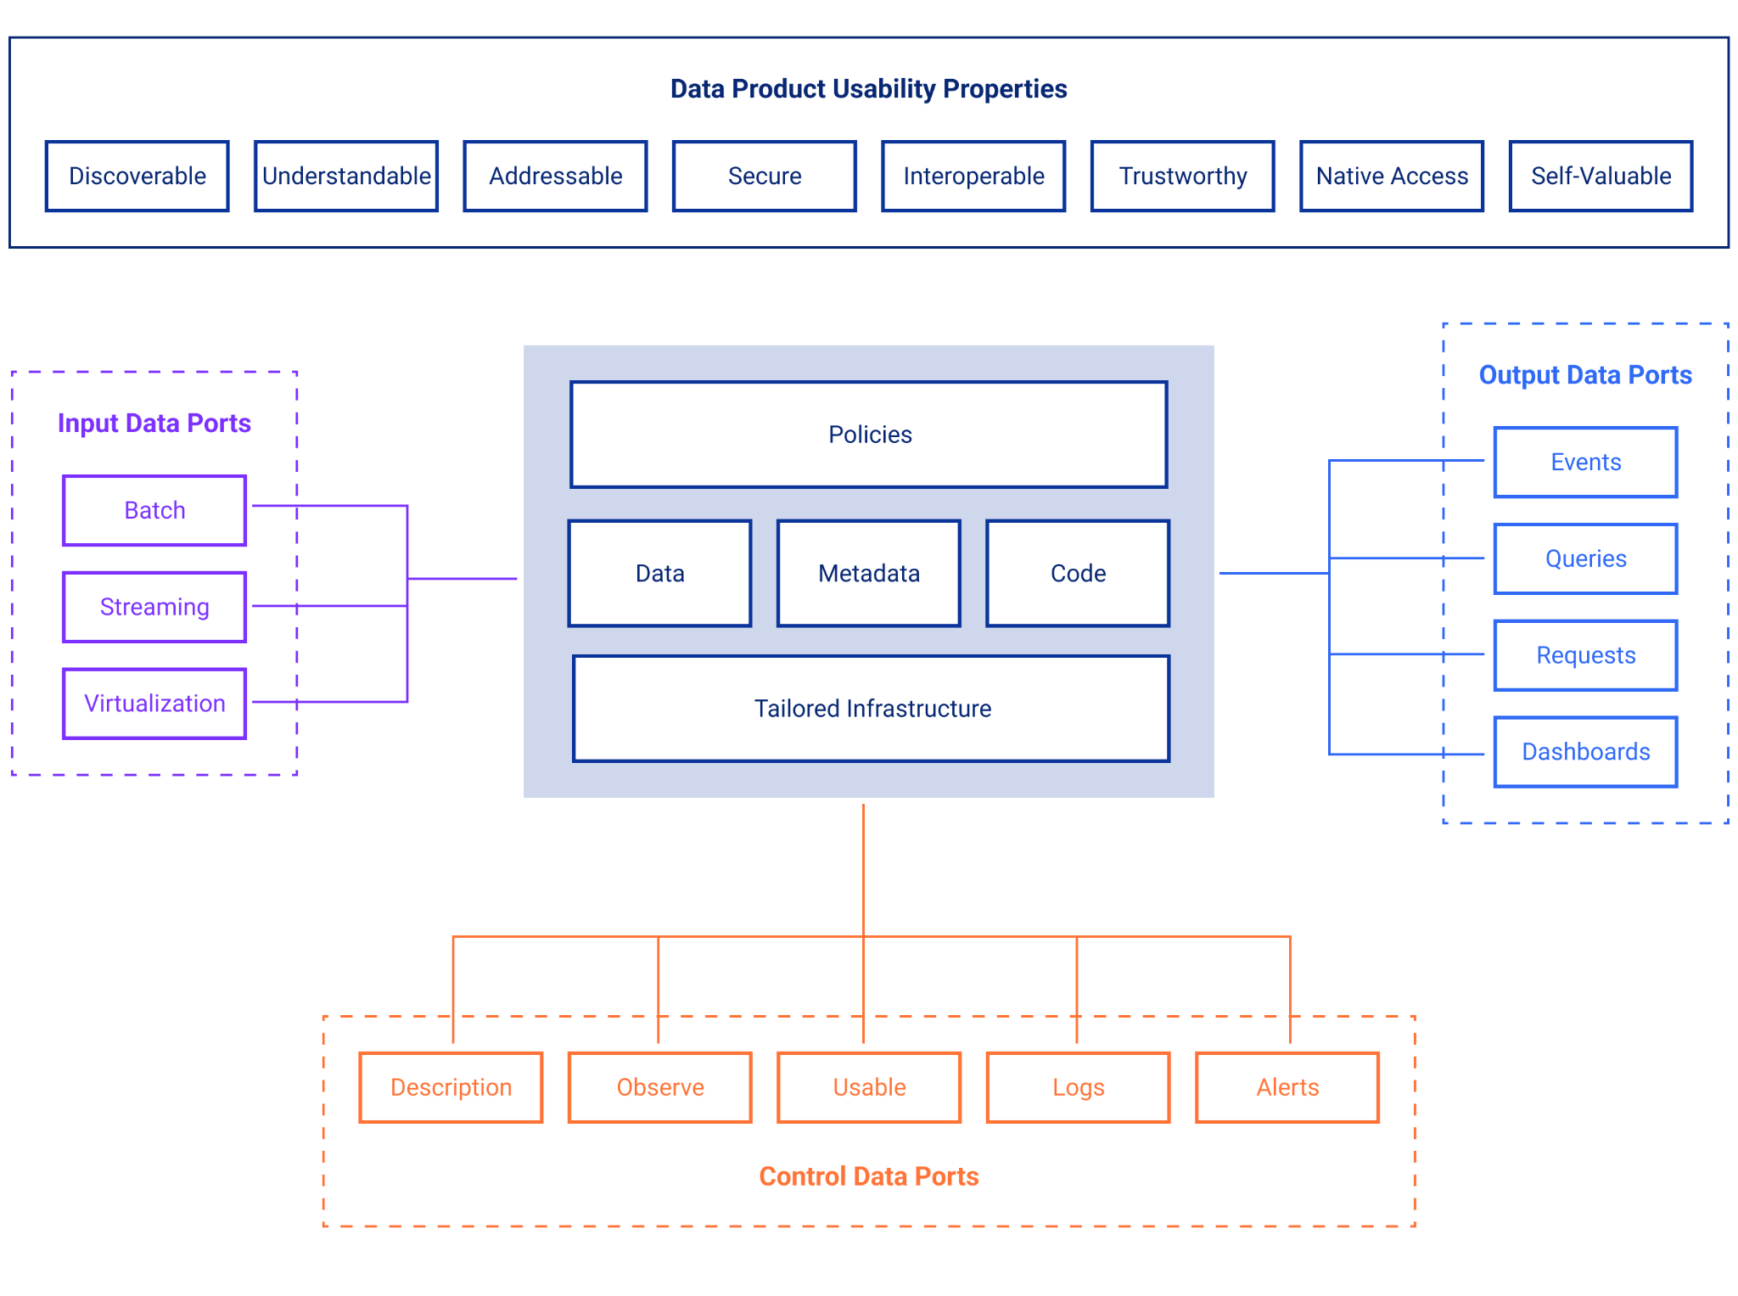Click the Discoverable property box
point(137,176)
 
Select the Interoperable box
point(973,176)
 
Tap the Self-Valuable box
point(1601,176)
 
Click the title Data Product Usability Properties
point(868,88)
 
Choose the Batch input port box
point(154,510)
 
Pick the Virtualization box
point(154,704)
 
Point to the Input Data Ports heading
point(154,423)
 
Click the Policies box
point(869,435)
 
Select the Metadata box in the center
point(869,574)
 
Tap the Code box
point(1078,574)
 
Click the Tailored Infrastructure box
point(872,709)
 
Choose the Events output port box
point(1585,462)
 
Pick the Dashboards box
point(1585,752)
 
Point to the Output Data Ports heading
point(1585,375)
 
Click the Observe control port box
point(660,1087)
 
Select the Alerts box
point(1287,1087)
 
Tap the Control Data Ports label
point(868,1176)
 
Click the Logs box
point(1078,1087)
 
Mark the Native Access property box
point(1392,176)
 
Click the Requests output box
point(1585,655)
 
